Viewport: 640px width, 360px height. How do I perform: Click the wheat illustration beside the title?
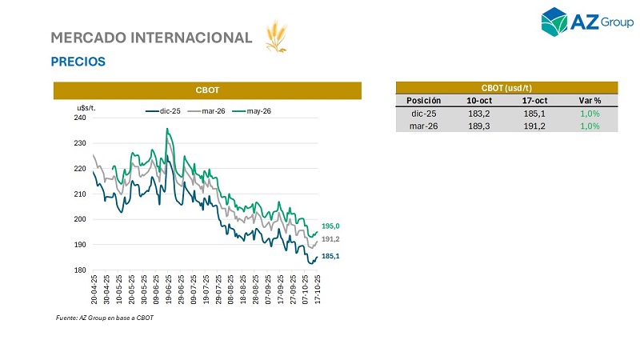pos(275,38)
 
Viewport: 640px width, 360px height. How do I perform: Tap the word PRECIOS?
pos(78,62)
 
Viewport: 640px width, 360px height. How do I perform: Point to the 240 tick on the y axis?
pos(79,118)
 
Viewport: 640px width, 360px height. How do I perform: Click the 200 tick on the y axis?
pos(79,219)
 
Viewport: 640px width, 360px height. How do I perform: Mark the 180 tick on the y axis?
pos(79,270)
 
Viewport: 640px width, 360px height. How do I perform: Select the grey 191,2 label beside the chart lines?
pos(331,239)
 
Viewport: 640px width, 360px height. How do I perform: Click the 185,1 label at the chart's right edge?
pos(331,256)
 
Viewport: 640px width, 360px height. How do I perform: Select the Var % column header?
pos(590,101)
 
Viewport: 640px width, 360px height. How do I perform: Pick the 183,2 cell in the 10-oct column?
pos(478,114)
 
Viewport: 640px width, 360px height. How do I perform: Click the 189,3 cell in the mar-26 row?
pos(478,126)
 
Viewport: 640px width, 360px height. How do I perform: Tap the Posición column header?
pos(424,101)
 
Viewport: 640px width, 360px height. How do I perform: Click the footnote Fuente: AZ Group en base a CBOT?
pos(104,318)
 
